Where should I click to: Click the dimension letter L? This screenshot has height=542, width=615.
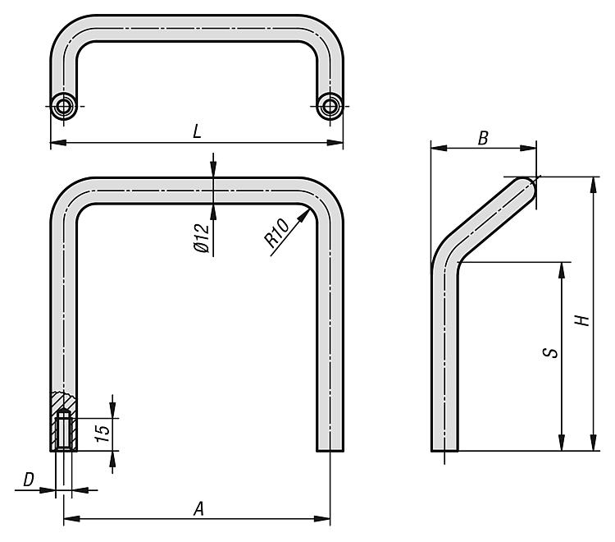197,131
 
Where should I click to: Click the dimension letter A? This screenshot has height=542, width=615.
199,509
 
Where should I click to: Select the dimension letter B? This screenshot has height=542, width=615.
483,138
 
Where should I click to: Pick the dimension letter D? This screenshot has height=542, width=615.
29,480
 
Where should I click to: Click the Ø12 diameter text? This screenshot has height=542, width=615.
202,238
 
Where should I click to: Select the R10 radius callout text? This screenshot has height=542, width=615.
276,233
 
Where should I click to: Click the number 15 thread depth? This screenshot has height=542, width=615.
103,434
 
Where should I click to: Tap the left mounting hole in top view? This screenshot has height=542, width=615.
63,106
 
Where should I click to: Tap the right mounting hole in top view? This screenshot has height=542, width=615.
330,106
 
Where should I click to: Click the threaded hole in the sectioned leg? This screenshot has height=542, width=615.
63,429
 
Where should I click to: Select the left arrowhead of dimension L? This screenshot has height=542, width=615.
58,143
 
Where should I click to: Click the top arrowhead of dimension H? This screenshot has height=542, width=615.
594,185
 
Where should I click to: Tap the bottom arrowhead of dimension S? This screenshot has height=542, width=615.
562,443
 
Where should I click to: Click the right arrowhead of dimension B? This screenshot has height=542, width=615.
528,148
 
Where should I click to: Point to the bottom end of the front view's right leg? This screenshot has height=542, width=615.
330,451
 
